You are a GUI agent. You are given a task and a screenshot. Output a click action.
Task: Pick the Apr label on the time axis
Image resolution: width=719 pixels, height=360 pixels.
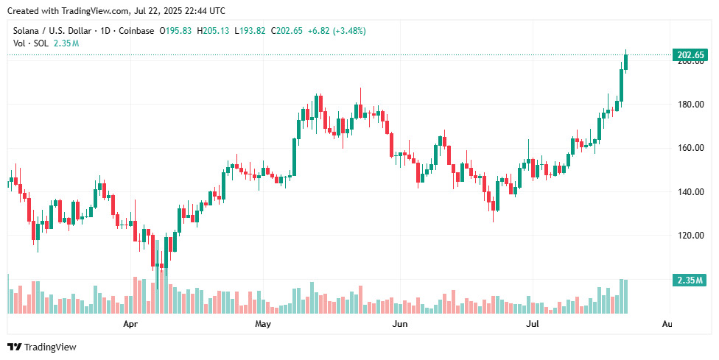pos(130,324)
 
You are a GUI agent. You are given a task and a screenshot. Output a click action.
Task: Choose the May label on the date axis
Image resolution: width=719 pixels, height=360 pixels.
pos(262,324)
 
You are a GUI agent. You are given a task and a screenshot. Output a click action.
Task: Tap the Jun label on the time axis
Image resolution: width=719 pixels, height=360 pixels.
pos(400,324)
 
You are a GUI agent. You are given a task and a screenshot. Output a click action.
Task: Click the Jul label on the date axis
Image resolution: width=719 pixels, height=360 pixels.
pos(532,324)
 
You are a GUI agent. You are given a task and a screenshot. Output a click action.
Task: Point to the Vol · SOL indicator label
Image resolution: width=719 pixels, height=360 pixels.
pos(31,43)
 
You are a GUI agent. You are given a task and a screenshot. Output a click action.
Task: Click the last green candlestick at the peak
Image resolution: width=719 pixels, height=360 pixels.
pos(626,61)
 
